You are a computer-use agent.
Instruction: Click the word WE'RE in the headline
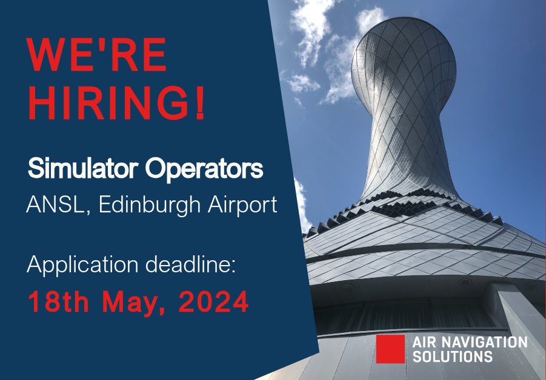click(97, 55)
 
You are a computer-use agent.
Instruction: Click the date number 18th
click(57, 302)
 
